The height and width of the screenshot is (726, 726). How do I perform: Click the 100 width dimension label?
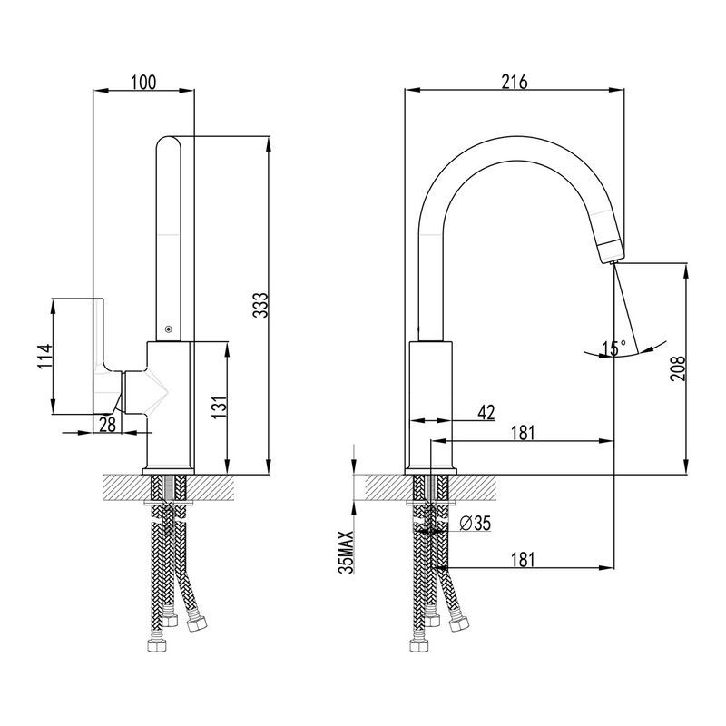click(x=143, y=82)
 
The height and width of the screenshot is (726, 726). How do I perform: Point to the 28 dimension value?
click(x=108, y=423)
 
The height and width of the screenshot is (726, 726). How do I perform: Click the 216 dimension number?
click(x=515, y=82)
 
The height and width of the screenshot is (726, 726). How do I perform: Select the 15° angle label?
click(x=614, y=348)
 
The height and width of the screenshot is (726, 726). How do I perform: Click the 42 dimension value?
click(x=486, y=412)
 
